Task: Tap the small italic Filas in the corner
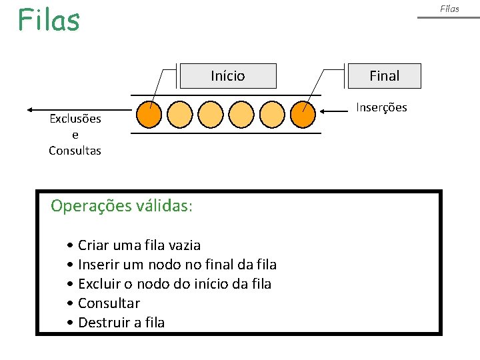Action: [449, 9]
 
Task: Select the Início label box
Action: [228, 76]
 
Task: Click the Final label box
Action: [385, 76]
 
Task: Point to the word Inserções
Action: [381, 107]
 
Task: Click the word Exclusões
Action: [75, 119]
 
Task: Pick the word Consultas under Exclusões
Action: [75, 151]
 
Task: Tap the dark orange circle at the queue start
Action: [149, 114]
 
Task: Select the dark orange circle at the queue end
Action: [303, 114]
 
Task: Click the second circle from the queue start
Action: [179, 114]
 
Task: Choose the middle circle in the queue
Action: [226, 114]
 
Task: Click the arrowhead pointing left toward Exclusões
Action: [31, 109]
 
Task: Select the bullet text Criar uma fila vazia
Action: [139, 245]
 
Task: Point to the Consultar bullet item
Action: [109, 303]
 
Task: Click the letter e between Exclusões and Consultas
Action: [75, 135]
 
